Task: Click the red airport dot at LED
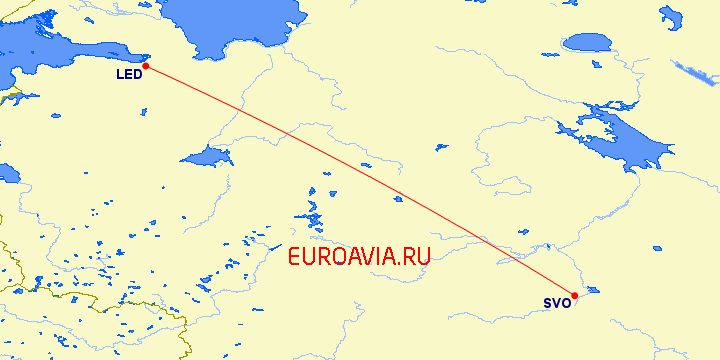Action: pyautogui.click(x=145, y=66)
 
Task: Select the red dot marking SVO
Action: pyautogui.click(x=574, y=296)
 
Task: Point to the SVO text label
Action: pyautogui.click(x=557, y=303)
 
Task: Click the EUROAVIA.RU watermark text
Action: pyautogui.click(x=359, y=257)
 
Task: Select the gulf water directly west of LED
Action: pyautogui.click(x=60, y=55)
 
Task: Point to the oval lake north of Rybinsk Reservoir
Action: pyautogui.click(x=586, y=42)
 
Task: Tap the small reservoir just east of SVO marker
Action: pyautogui.click(x=591, y=291)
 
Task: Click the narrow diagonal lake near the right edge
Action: pyautogui.click(x=695, y=73)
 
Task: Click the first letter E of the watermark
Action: pyautogui.click(x=294, y=257)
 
